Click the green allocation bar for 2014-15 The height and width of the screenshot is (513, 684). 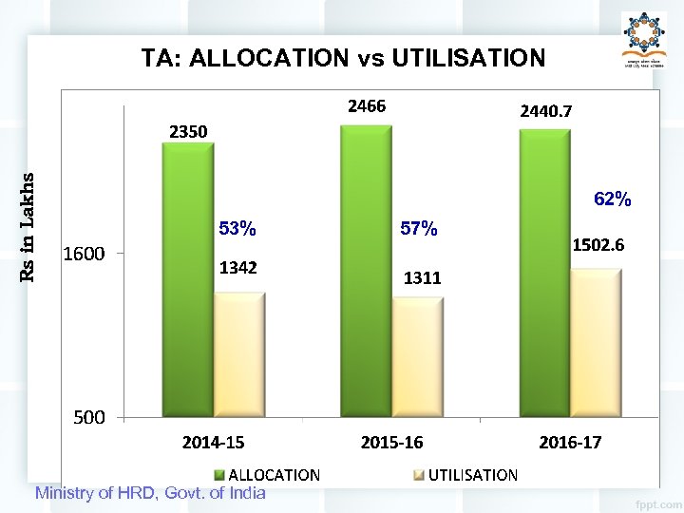pos(187,280)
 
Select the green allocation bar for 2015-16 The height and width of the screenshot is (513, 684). pos(366,271)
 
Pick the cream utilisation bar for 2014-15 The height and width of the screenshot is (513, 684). pos(238,354)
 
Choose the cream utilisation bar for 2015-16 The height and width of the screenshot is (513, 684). pos(417,357)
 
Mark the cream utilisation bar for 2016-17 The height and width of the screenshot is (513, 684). pos(596,343)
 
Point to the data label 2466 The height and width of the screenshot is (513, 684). pos(367,106)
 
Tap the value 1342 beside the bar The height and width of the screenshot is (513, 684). pos(238,268)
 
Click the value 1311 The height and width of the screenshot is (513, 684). pos(422,278)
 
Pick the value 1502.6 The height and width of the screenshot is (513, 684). pos(597,245)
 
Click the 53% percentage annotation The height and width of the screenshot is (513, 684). pos(237,229)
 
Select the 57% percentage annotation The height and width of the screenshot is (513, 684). pos(419,229)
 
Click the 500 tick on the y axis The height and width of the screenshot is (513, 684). pos(89,417)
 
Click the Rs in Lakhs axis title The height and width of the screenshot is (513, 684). pos(28,226)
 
